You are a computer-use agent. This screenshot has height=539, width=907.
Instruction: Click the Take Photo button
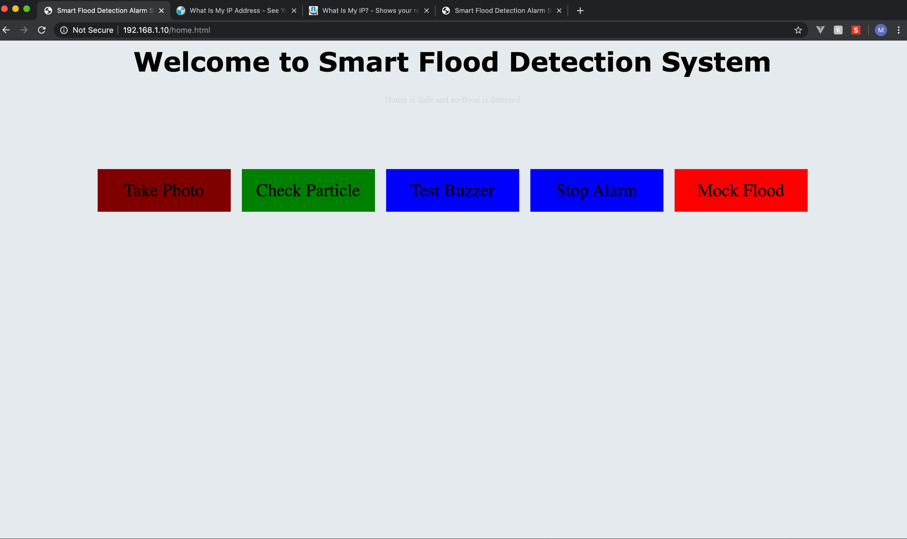click(x=164, y=190)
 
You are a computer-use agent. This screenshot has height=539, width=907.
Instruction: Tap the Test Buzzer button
click(x=452, y=190)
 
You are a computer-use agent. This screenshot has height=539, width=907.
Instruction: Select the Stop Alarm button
click(x=596, y=190)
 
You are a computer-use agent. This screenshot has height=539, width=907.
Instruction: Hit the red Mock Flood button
click(x=741, y=190)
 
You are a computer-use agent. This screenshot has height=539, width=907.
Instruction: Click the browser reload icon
click(x=42, y=30)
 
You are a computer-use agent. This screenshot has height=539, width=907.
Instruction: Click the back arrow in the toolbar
click(x=6, y=30)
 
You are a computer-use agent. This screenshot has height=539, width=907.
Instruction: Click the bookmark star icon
click(x=798, y=30)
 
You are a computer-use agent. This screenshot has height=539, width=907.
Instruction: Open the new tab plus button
click(x=580, y=11)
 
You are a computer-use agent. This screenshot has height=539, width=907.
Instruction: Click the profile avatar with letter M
click(x=881, y=30)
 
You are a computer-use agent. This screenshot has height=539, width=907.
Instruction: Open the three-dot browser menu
click(x=899, y=30)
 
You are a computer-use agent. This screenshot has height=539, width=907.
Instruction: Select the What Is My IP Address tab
click(x=234, y=11)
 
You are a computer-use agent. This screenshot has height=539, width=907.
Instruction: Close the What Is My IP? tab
click(x=427, y=11)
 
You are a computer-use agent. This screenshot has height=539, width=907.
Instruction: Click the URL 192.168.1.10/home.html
click(x=166, y=30)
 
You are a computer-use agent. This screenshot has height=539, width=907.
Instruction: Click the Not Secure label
click(x=93, y=30)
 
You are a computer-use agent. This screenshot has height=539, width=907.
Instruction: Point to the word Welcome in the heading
click(x=201, y=62)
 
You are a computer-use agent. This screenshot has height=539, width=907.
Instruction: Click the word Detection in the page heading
click(x=580, y=62)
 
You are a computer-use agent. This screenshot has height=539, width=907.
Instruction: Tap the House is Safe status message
click(x=452, y=100)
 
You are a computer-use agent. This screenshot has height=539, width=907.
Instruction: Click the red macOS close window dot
click(x=5, y=9)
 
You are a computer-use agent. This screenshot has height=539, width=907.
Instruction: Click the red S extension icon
click(x=856, y=30)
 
